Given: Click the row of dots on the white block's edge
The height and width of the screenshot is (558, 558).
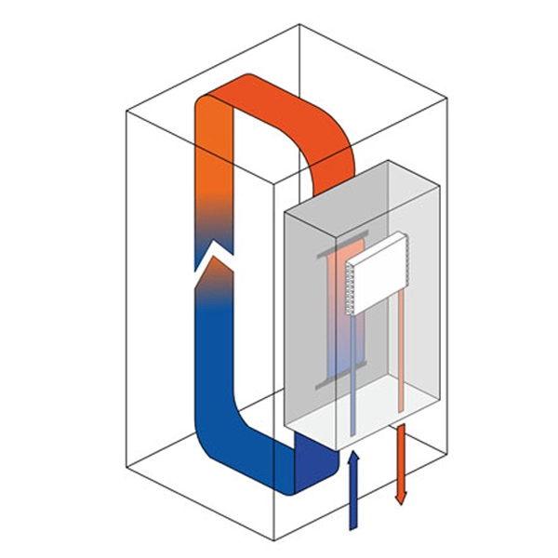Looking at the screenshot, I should click(352, 288).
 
